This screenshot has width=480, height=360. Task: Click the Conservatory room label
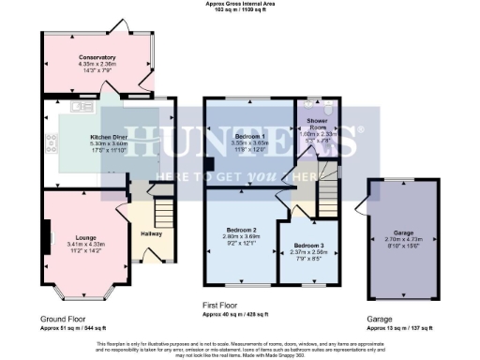tap(97, 57)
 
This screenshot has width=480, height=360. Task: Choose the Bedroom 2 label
tap(240, 230)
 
